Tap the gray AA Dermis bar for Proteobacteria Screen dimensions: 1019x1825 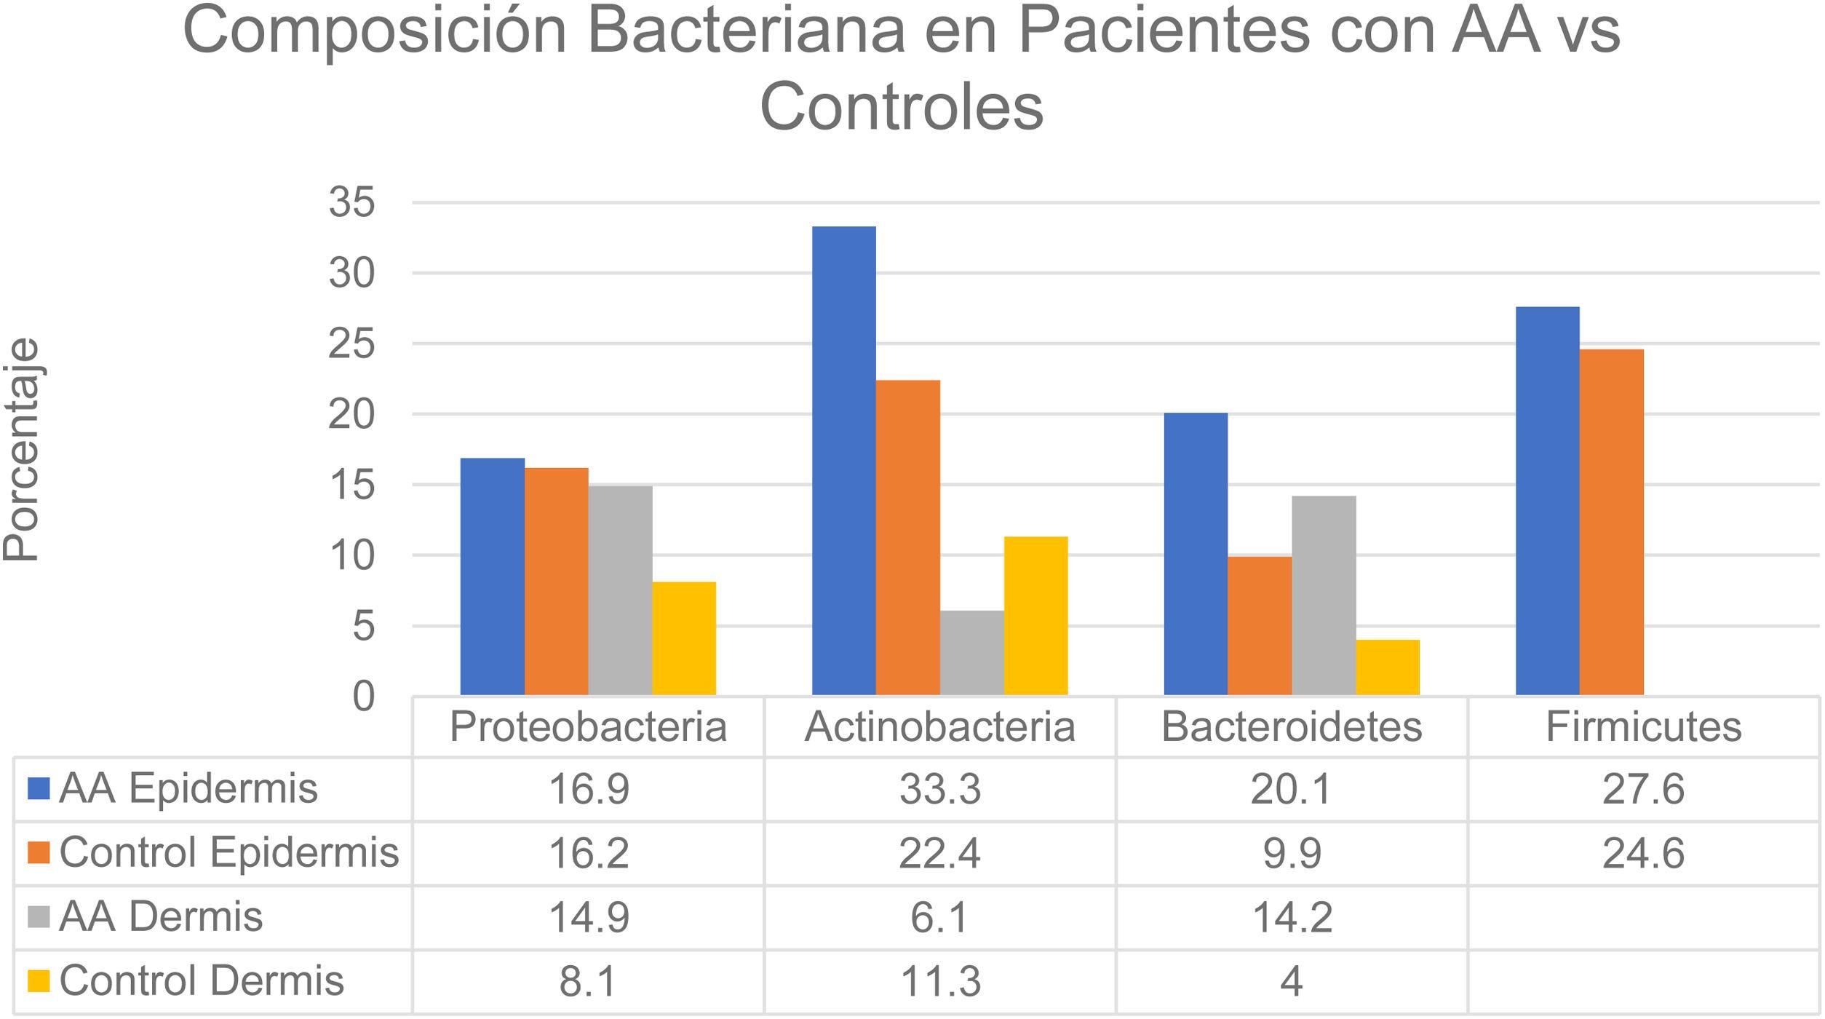coord(620,590)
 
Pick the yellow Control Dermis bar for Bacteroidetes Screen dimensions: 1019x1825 coord(1387,667)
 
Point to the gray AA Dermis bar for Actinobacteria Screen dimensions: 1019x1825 coord(971,653)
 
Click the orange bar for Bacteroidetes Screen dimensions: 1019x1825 coord(1260,625)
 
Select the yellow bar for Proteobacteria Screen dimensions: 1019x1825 coord(684,638)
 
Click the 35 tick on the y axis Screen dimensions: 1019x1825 coord(351,203)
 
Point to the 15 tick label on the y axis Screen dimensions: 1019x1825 coord(351,485)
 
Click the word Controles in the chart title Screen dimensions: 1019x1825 coord(902,107)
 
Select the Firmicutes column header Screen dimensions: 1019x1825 coord(1643,726)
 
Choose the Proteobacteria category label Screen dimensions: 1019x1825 coord(588,726)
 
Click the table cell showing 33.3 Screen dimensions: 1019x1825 coord(939,790)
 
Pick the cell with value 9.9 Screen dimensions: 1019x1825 coord(1292,853)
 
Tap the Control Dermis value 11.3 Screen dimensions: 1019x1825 coord(939,981)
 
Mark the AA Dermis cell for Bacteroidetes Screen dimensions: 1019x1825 coord(1292,917)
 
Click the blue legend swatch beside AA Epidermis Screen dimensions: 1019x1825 coord(39,789)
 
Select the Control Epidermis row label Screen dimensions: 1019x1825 coord(228,853)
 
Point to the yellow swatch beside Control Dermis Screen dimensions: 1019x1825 coord(39,981)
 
